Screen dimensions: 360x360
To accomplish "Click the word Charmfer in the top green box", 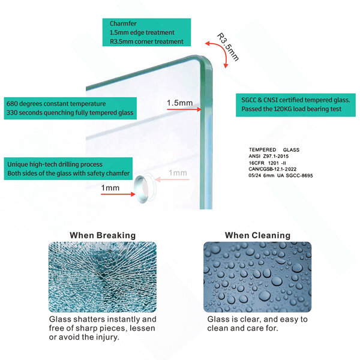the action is pos(123,23).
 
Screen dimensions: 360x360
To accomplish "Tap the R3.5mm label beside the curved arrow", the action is pos(228,47).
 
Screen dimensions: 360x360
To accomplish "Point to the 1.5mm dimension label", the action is pos(180,103).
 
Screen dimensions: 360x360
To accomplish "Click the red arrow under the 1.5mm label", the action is pos(184,110).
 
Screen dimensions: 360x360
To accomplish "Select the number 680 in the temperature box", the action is pos(11,104).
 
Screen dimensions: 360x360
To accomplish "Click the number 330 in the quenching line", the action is pos(11,113).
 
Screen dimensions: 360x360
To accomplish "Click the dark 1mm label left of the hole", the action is pos(110,188).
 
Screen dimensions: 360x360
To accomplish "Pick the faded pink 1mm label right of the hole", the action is pos(178,173).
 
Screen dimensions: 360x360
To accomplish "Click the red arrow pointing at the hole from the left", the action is pos(118,194).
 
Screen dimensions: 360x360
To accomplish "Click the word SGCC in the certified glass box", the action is pos(248,100).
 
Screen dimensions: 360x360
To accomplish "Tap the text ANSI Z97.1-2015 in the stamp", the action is pos(269,157).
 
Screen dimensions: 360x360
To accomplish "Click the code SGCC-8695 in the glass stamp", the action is pos(299,176).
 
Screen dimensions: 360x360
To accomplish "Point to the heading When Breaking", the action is pos(103,235).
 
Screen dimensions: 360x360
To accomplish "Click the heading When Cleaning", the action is pos(257,235).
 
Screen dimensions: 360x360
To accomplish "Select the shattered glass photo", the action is pos(103,277).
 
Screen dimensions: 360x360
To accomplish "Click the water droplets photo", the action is pos(257,277).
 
